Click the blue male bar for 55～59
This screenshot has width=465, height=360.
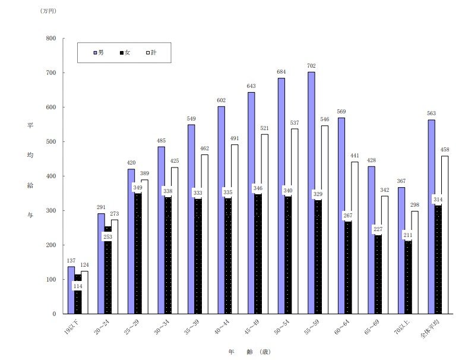[311, 193]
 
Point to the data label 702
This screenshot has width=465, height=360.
[311, 66]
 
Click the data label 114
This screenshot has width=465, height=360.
[77, 286]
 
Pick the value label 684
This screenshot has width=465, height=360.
[281, 72]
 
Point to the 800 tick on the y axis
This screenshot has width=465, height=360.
[51, 39]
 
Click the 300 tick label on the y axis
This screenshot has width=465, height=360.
[51, 211]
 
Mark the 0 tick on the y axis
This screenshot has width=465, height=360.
[54, 314]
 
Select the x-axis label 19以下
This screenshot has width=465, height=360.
[72, 328]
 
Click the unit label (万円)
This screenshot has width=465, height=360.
[48, 11]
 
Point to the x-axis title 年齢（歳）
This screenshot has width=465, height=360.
[249, 351]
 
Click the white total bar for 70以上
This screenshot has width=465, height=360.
[415, 262]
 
